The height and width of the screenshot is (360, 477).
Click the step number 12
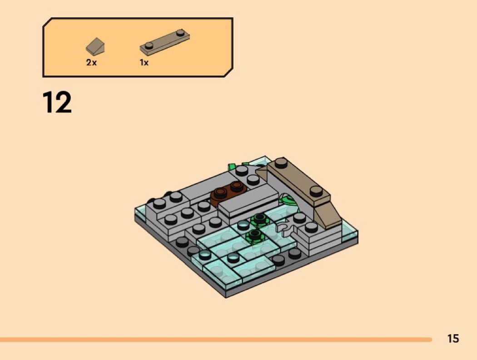(x=57, y=102)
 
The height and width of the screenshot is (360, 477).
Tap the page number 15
(x=453, y=338)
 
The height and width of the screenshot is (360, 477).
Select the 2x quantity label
(x=91, y=63)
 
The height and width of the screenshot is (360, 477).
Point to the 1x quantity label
(x=144, y=63)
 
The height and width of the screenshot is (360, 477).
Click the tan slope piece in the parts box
(x=95, y=45)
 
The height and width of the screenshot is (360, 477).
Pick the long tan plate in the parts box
(x=164, y=42)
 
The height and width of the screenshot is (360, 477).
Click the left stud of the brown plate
(x=220, y=192)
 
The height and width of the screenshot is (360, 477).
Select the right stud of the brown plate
(x=237, y=186)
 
